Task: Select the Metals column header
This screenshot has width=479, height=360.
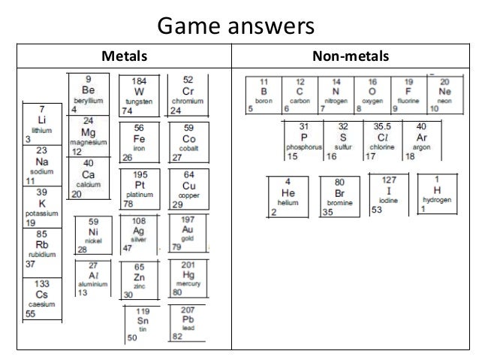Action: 124,56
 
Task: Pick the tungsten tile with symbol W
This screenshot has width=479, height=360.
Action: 139,94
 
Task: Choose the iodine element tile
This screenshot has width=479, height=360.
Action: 388,194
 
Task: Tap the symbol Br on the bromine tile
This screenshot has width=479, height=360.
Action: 339,192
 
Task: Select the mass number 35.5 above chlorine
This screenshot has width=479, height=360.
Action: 383,127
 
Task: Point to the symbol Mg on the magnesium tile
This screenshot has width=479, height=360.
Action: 89,130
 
